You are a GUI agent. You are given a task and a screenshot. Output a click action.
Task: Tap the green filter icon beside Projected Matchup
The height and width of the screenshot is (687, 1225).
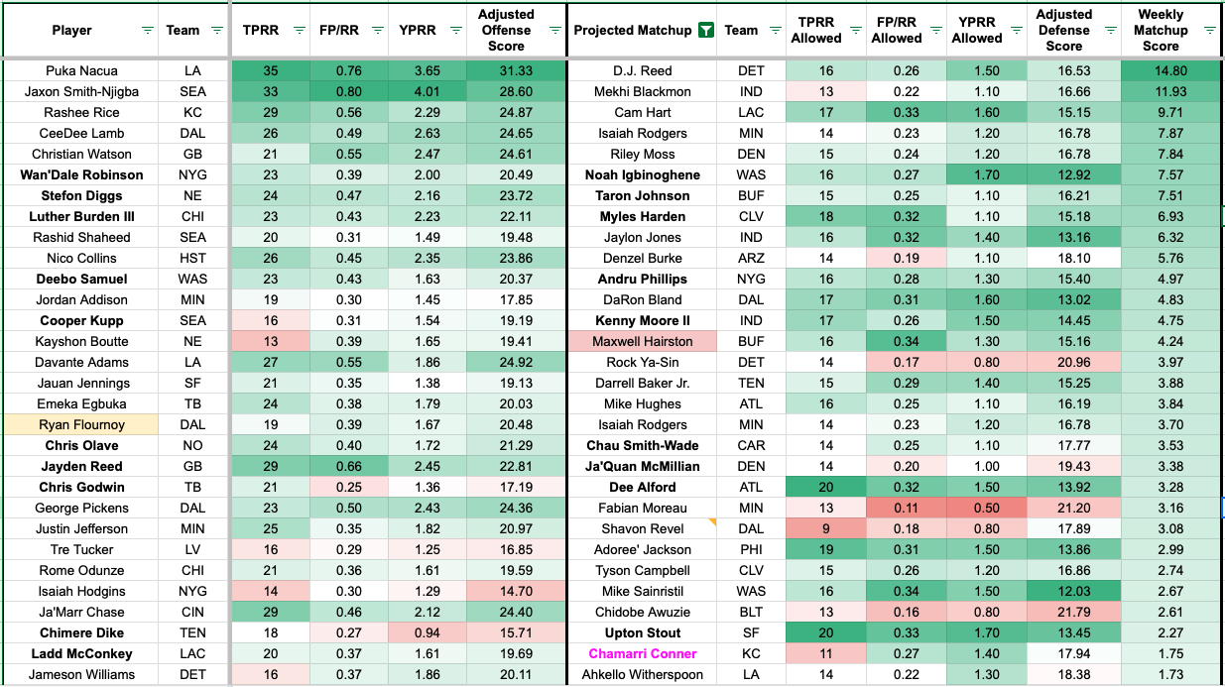(704, 30)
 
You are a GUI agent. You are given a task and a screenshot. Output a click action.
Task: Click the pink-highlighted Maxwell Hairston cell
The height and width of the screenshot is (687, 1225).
(643, 342)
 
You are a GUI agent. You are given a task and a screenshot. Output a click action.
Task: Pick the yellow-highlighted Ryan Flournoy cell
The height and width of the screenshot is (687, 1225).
(81, 425)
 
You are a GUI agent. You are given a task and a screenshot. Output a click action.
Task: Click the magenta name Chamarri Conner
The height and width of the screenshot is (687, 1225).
(642, 654)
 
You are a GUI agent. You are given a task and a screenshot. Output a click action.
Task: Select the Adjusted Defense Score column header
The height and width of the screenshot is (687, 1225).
(1063, 30)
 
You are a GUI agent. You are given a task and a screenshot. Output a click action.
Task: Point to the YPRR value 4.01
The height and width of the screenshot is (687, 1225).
(427, 92)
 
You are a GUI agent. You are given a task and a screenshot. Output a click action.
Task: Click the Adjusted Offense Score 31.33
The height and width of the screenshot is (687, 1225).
(506, 71)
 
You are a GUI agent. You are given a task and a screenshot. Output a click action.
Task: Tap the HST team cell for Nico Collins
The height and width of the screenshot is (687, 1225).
(193, 259)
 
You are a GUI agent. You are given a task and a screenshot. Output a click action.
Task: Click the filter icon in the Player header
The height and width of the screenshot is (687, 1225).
(148, 31)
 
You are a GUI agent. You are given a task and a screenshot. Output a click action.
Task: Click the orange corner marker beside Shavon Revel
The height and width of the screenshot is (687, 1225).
(711, 521)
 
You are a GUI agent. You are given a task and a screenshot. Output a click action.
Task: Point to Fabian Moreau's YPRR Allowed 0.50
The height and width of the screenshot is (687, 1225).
(985, 509)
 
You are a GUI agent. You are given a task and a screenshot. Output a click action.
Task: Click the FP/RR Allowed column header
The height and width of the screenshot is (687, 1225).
(896, 30)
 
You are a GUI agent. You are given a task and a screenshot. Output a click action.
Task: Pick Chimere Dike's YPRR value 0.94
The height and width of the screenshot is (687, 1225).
(427, 633)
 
